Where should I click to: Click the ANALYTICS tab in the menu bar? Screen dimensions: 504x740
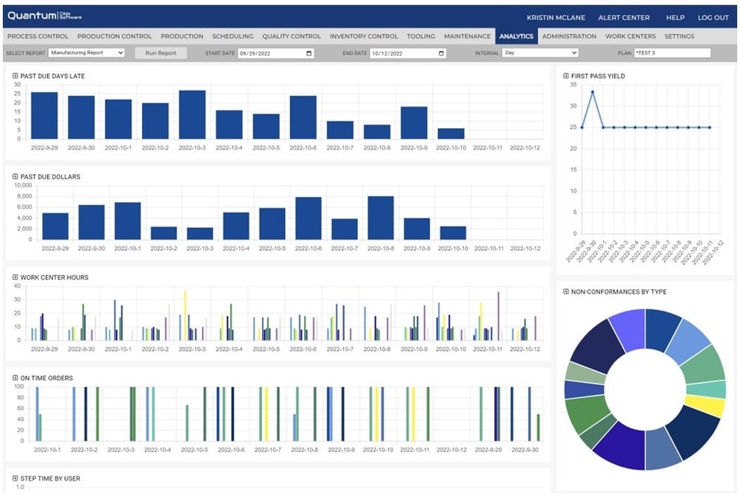click(517, 36)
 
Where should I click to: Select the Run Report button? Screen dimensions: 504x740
click(161, 53)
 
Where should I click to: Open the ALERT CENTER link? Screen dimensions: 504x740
click(624, 18)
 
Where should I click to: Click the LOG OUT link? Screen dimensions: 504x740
click(713, 18)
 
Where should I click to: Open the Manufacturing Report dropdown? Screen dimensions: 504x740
click(87, 53)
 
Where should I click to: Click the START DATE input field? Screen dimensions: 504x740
click(275, 53)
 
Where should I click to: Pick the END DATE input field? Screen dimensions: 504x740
click(407, 53)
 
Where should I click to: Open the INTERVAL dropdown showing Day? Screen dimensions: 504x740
click(539, 53)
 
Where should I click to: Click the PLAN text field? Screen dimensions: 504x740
click(671, 53)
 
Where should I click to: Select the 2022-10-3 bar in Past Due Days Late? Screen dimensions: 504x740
click(192, 115)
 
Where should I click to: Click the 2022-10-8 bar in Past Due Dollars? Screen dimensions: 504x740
click(380, 218)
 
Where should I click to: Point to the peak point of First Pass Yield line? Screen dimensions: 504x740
click(592, 92)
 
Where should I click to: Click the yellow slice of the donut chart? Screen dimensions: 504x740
click(704, 406)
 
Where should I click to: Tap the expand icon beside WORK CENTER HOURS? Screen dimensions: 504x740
click(16, 278)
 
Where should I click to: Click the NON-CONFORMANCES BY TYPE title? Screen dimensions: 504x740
click(619, 292)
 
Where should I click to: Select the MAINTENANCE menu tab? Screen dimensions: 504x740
click(467, 36)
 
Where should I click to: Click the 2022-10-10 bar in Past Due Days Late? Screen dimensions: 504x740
click(451, 134)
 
